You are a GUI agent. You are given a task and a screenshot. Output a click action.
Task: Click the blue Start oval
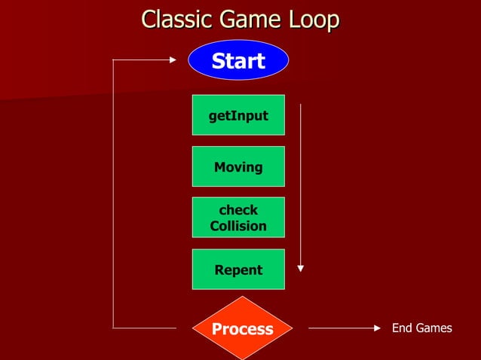[238, 60]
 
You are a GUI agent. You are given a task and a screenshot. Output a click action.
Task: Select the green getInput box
[238, 115]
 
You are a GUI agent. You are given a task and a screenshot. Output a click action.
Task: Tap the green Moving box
[238, 166]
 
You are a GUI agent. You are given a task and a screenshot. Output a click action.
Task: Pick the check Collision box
[238, 218]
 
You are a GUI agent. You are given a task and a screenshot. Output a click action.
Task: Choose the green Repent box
[238, 270]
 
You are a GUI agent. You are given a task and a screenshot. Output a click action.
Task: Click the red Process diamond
[242, 329]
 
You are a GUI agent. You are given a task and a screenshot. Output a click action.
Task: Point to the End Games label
[421, 328]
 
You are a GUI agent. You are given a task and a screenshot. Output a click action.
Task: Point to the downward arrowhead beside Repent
[301, 267]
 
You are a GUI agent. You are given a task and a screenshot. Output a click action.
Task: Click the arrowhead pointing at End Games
[378, 328]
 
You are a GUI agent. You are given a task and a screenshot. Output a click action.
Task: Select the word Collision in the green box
[238, 226]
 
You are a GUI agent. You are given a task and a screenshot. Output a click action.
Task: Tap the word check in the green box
[238, 210]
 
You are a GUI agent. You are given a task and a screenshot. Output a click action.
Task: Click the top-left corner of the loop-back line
[113, 59]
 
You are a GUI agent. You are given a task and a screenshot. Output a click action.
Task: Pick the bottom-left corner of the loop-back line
[113, 328]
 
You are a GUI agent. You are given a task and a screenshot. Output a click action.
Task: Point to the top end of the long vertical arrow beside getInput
[301, 105]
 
